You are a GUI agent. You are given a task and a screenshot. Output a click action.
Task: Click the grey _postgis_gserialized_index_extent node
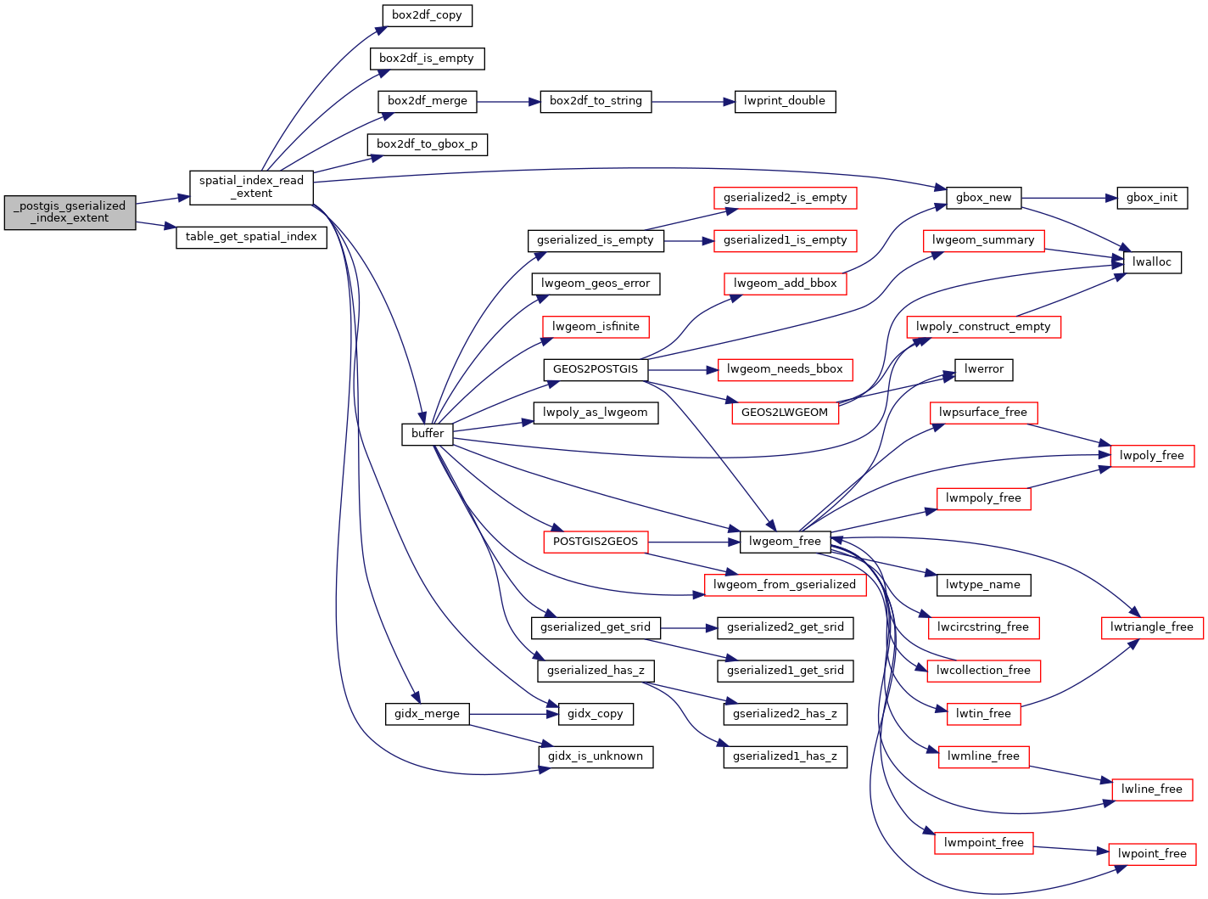point(70,212)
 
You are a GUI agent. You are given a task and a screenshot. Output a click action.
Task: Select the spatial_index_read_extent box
point(251,187)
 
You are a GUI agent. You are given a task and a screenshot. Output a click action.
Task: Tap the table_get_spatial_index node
point(251,237)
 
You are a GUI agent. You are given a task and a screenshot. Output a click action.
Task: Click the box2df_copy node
point(427,15)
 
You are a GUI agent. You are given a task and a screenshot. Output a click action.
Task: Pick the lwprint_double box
point(784,101)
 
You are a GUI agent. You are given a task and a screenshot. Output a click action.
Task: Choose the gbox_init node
point(1151,198)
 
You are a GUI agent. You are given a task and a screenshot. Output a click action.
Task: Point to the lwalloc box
point(1151,262)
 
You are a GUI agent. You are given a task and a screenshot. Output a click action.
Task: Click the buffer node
point(428,434)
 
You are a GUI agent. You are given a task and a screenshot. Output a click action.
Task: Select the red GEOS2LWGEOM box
point(784,413)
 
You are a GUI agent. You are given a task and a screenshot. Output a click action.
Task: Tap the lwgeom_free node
point(785,542)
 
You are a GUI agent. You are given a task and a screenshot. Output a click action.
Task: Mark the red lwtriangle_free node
point(1151,627)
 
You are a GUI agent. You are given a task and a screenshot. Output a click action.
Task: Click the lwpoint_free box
point(1151,854)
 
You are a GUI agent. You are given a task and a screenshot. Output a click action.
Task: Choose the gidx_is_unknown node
point(595,756)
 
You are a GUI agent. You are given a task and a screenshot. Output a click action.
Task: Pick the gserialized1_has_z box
point(785,756)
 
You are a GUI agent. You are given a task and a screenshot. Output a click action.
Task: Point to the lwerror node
point(983,369)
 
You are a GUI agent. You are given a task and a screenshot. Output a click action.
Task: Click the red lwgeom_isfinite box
point(596,327)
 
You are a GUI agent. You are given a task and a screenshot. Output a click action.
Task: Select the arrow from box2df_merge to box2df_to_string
point(508,102)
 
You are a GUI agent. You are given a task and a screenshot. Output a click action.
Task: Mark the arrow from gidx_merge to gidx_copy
point(513,714)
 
